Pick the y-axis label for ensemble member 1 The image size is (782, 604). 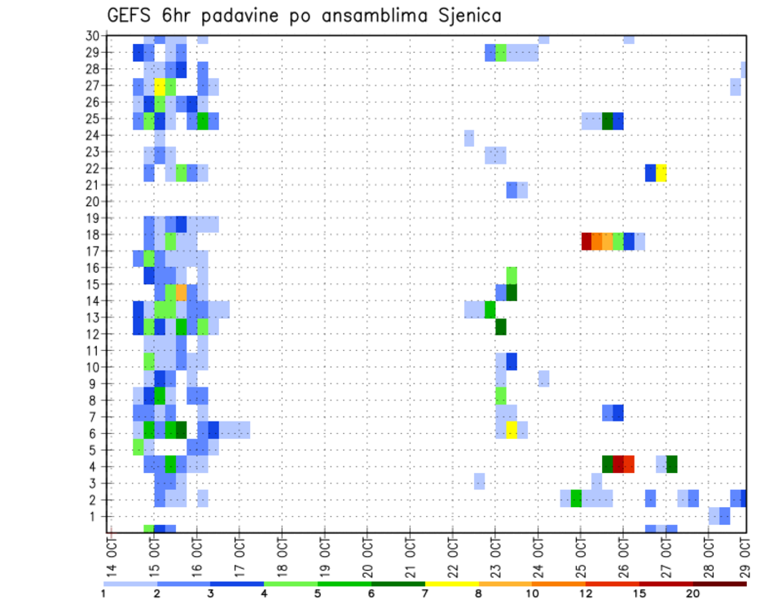(x=95, y=516)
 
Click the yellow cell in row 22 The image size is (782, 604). (x=661, y=173)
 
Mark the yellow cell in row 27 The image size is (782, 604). (x=160, y=85)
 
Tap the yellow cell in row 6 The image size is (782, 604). (x=512, y=430)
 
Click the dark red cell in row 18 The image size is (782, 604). (x=586, y=241)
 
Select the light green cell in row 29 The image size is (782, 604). (x=501, y=53)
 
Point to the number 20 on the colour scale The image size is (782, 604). (x=693, y=593)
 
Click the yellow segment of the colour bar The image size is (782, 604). (x=452, y=583)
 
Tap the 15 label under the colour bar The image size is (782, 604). (x=639, y=593)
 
